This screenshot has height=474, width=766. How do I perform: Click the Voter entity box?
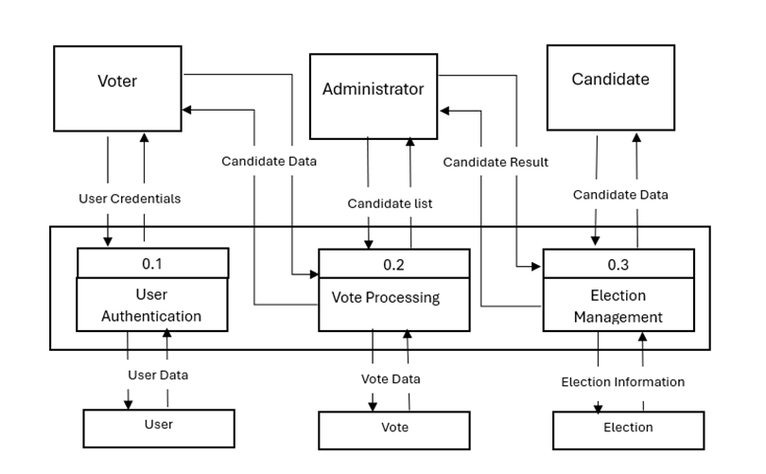tap(117, 81)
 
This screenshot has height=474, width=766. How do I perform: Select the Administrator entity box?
tap(373, 90)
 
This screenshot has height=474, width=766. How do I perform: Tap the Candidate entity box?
tap(610, 79)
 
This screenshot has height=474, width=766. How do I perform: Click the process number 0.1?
tap(152, 262)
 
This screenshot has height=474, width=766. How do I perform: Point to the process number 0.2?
tap(393, 262)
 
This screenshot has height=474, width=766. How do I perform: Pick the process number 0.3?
tap(618, 262)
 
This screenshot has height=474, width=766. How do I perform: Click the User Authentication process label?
tap(152, 305)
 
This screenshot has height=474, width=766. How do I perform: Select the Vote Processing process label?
tap(386, 297)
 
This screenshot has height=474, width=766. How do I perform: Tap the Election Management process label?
tap(618, 307)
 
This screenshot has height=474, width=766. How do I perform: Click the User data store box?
tap(158, 425)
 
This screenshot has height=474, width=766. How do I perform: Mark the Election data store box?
tap(628, 428)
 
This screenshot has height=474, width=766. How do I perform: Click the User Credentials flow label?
tap(130, 199)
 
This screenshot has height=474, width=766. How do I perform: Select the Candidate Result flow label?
tap(496, 162)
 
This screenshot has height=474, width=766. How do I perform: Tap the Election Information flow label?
tap(622, 382)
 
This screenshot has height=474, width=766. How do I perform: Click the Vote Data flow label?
tap(391, 378)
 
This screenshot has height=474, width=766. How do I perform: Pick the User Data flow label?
tap(158, 375)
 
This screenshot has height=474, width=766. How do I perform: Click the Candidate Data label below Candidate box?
tap(620, 195)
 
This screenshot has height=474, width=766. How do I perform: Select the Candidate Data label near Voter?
tap(269, 161)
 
